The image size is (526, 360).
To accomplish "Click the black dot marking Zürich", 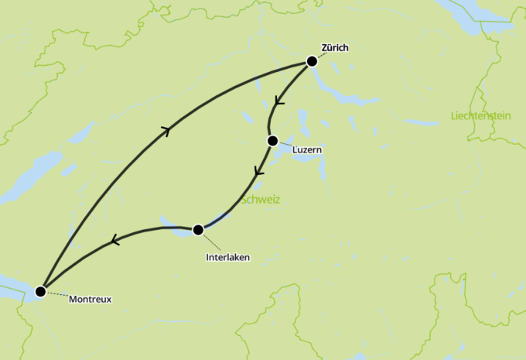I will (x=312, y=61).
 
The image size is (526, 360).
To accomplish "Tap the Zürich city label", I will (x=335, y=48).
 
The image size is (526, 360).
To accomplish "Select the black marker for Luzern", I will (x=272, y=141).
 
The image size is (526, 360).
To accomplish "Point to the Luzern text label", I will (x=306, y=150).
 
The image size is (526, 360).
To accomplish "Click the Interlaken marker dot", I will (x=198, y=229).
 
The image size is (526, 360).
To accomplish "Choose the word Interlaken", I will (x=228, y=257).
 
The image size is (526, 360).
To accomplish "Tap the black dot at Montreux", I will (x=40, y=290).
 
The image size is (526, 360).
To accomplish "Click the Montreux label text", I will (x=91, y=299).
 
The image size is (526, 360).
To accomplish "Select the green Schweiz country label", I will (x=261, y=201).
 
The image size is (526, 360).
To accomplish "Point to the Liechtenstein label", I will (x=480, y=116).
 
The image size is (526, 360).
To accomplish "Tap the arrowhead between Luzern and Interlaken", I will (x=259, y=171).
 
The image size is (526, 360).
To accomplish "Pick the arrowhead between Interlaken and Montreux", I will (x=115, y=241).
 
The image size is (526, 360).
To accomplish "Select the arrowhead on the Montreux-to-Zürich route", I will (x=165, y=131).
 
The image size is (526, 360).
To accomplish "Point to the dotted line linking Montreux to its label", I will (x=54, y=294).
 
